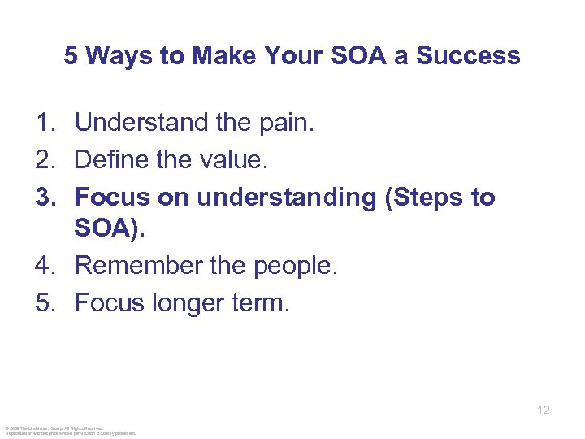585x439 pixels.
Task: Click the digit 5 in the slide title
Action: (x=71, y=56)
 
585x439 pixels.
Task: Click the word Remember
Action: (x=139, y=267)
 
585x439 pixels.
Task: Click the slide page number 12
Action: (x=544, y=410)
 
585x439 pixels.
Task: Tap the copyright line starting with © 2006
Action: (x=54, y=428)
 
